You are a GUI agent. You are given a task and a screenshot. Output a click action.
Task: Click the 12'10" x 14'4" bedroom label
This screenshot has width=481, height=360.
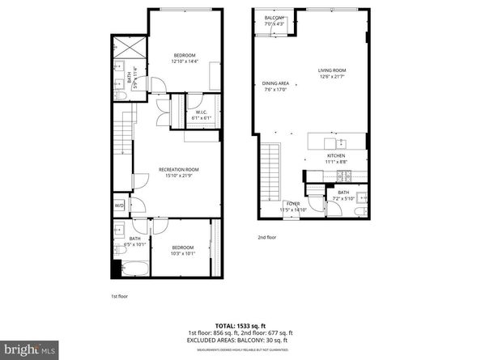pos(184,57)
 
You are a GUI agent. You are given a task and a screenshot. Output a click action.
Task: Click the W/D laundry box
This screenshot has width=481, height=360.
pos(120,205)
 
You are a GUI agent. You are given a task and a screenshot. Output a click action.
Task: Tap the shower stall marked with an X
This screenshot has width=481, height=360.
pos(128,45)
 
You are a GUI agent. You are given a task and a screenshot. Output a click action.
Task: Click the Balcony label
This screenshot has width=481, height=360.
pos(275,21)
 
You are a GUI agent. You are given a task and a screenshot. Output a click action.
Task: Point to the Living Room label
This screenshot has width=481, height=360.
pos(331,74)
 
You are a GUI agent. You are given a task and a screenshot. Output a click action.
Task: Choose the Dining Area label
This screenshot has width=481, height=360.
pos(275,87)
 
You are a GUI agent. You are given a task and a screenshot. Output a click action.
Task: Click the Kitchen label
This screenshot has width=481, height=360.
pos(336,158)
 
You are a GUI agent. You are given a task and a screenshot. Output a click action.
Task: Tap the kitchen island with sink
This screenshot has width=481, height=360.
pos(334,141)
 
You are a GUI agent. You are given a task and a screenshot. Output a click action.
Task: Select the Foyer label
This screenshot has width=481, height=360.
pos(292,206)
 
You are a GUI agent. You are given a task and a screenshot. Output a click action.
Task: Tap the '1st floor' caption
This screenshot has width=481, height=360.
pos(119,295)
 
